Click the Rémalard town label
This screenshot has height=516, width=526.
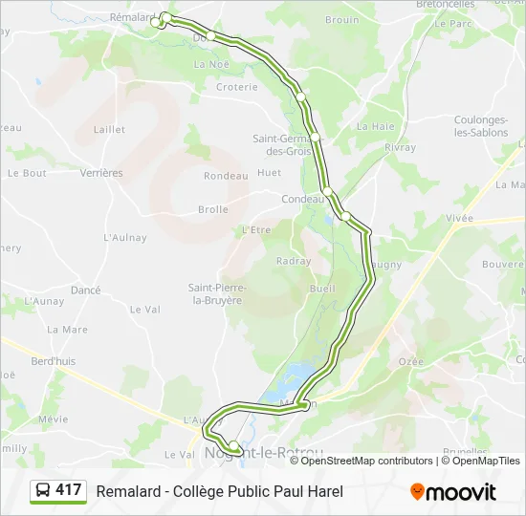132,17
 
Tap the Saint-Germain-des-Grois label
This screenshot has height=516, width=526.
282,144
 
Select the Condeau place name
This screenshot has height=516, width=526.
298,199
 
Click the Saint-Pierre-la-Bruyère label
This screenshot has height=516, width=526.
216,293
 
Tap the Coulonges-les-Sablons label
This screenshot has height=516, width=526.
481,126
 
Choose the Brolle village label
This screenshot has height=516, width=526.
212,209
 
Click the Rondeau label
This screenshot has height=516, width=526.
226,176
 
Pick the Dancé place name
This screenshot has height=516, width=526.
85,290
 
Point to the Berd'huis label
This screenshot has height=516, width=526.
54,361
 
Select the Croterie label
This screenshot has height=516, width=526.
236,87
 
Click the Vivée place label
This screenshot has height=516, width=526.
459,218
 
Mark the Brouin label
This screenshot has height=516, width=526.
341,19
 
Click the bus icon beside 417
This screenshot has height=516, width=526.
43,491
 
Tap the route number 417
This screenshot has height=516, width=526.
69,490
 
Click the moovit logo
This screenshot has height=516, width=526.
453,492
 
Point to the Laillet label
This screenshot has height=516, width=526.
110,128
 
